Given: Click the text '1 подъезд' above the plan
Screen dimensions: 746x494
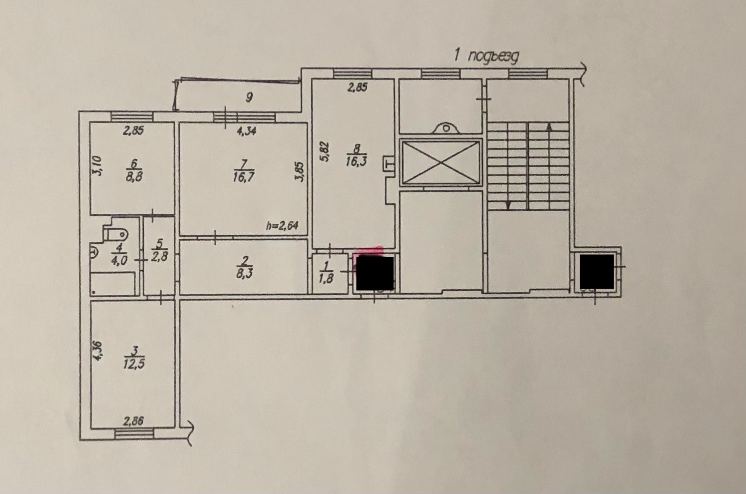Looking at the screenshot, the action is click(486, 56).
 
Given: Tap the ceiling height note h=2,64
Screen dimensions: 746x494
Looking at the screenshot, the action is click(282, 226).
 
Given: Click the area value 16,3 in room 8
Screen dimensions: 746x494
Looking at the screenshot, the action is click(357, 161).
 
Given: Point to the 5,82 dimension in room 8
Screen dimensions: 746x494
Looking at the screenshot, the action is click(325, 152).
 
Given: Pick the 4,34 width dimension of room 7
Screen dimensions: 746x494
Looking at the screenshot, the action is click(247, 131).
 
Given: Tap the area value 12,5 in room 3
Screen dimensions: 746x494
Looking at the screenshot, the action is click(134, 365).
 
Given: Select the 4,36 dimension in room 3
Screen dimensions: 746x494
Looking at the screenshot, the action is click(98, 351).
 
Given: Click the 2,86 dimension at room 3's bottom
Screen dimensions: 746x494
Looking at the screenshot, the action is click(133, 422).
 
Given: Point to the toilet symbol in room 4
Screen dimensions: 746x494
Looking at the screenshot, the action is click(115, 234).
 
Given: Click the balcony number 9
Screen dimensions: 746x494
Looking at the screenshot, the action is click(249, 97).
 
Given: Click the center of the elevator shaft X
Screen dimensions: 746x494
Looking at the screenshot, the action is click(441, 162).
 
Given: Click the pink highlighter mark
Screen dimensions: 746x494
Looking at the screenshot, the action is click(369, 251).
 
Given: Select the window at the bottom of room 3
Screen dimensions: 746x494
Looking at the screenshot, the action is click(134, 434).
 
